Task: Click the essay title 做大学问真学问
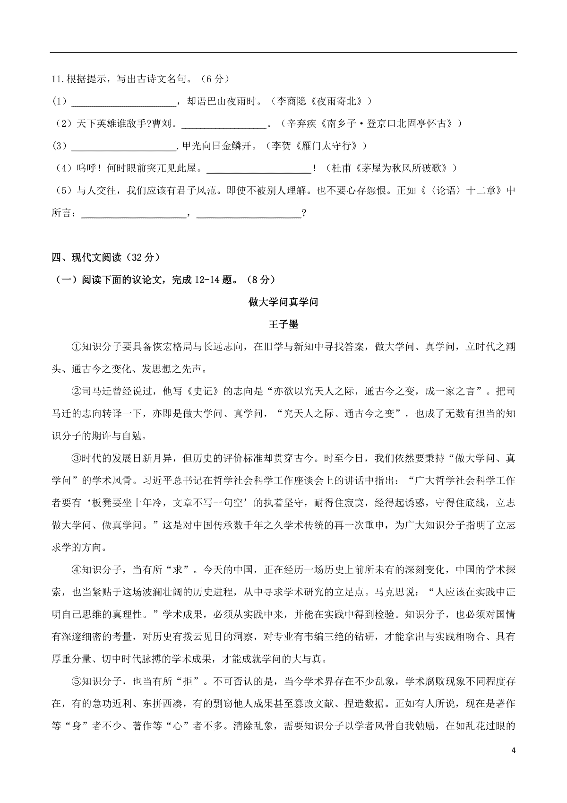click(x=283, y=302)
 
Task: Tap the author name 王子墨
click(x=283, y=325)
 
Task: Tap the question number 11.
click(x=58, y=79)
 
